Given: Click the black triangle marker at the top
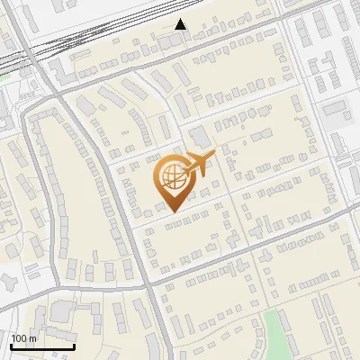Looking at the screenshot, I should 181,24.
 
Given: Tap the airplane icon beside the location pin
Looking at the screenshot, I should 198,164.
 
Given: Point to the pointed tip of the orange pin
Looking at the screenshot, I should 172,212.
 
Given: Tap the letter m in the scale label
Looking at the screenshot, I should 33,338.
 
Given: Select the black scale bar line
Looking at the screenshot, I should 42,346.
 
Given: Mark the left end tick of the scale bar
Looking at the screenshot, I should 11,345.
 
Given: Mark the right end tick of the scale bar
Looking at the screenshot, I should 74,345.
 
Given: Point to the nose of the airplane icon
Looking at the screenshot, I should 213,156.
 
